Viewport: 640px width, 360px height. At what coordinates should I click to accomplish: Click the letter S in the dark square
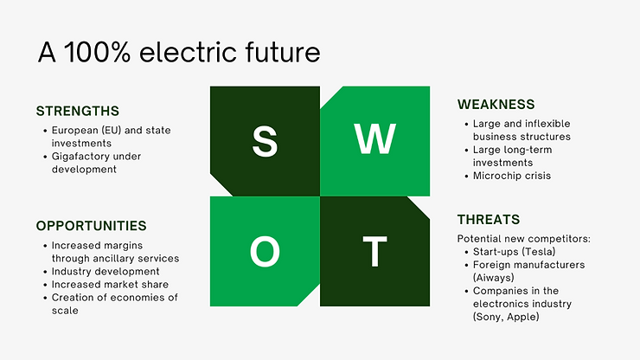[x=265, y=141]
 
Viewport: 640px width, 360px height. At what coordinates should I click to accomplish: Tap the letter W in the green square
[x=374, y=138]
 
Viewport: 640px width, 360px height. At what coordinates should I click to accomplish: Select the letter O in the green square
[x=265, y=251]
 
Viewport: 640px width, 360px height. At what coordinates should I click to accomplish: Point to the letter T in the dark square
[x=374, y=251]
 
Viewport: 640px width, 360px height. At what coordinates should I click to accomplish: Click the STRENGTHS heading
[x=78, y=111]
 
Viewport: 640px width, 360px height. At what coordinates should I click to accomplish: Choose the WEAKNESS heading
[x=496, y=105]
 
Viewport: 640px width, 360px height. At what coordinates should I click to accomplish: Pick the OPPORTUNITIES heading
[x=91, y=226]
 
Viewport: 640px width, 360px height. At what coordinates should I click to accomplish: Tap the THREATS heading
[x=489, y=220]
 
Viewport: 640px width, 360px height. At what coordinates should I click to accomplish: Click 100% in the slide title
[x=97, y=52]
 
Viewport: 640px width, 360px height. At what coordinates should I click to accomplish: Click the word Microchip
[x=493, y=177]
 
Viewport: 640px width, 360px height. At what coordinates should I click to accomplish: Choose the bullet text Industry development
[x=106, y=272]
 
